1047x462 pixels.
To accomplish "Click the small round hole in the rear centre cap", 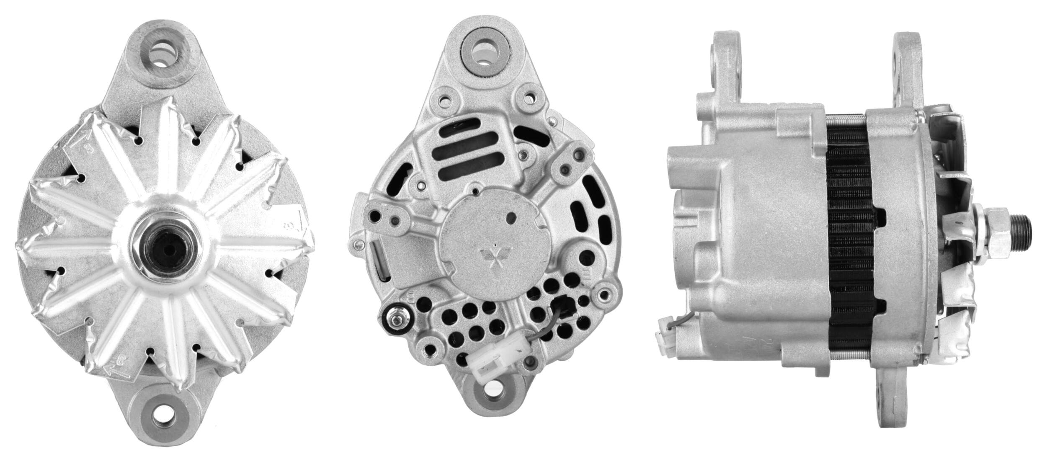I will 511,218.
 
